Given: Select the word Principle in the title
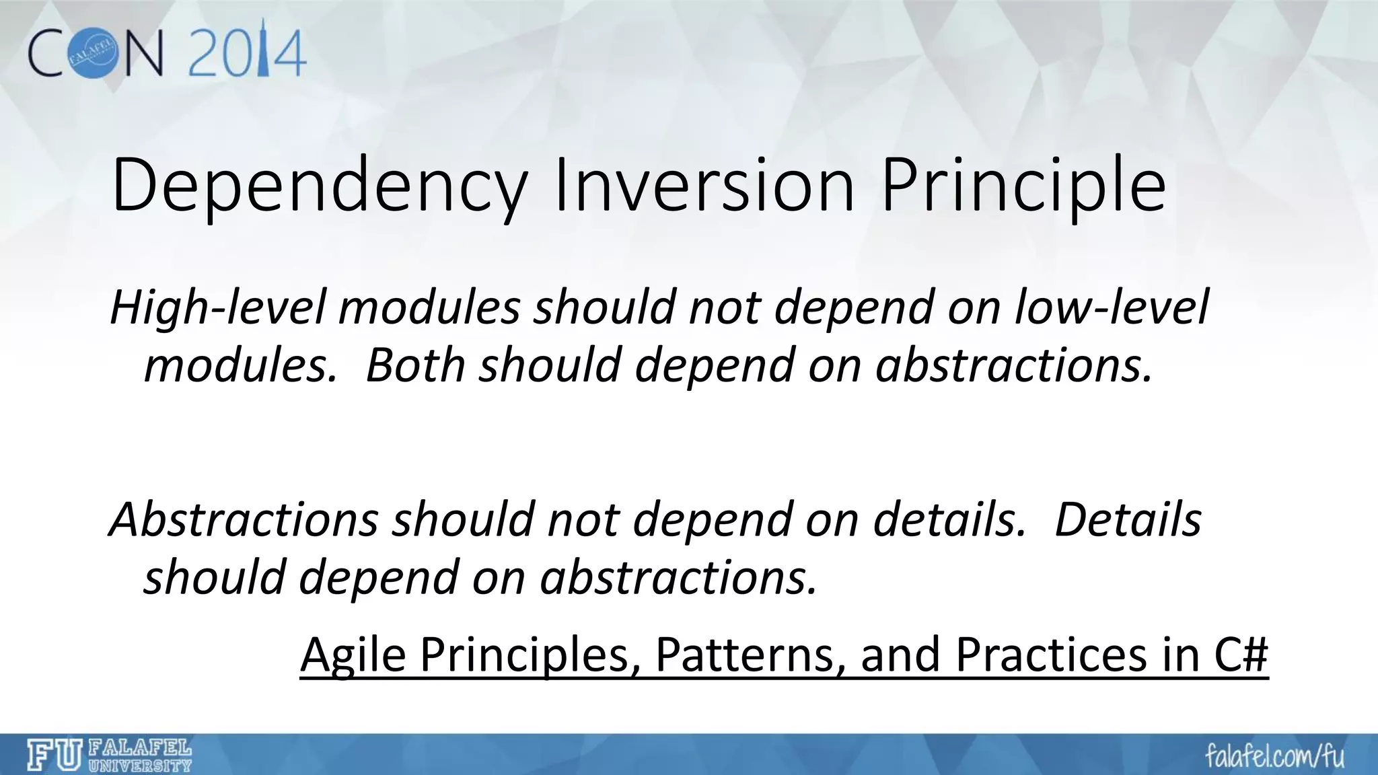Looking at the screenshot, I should [x=1023, y=185].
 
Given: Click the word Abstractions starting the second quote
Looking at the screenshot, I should [x=243, y=520].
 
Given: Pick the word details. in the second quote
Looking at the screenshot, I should [x=949, y=520].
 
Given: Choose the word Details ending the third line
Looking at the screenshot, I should [x=1128, y=520].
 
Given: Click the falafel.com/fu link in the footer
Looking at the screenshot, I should [x=1274, y=756].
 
